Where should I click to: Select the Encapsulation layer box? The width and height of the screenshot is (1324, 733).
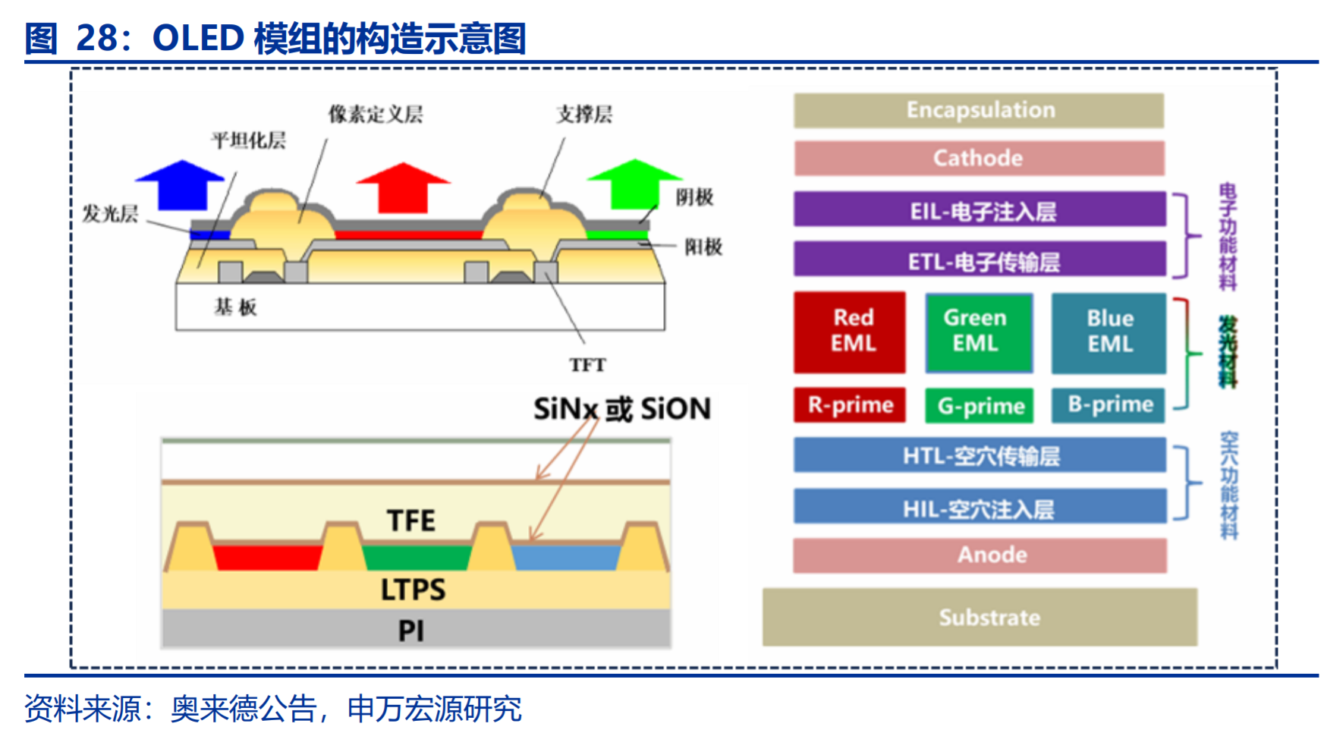(979, 110)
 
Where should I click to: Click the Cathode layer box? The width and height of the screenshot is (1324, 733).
(979, 158)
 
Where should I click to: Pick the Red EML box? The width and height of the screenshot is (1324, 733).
(850, 332)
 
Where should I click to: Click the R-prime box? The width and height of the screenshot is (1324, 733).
(850, 405)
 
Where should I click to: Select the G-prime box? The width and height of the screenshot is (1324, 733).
(980, 406)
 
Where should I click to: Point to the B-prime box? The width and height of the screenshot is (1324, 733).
(1109, 405)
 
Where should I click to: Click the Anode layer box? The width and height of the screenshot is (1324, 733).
(980, 555)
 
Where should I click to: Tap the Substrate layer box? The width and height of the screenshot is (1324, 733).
(980, 617)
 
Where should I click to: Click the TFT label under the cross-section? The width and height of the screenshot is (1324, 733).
(587, 365)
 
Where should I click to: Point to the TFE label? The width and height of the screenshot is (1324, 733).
(411, 521)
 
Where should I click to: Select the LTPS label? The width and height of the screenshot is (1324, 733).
(413, 590)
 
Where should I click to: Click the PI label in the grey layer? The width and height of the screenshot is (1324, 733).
(411, 631)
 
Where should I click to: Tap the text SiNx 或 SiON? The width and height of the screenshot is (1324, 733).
(622, 409)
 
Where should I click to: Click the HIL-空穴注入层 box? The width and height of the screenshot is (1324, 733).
(980, 506)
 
